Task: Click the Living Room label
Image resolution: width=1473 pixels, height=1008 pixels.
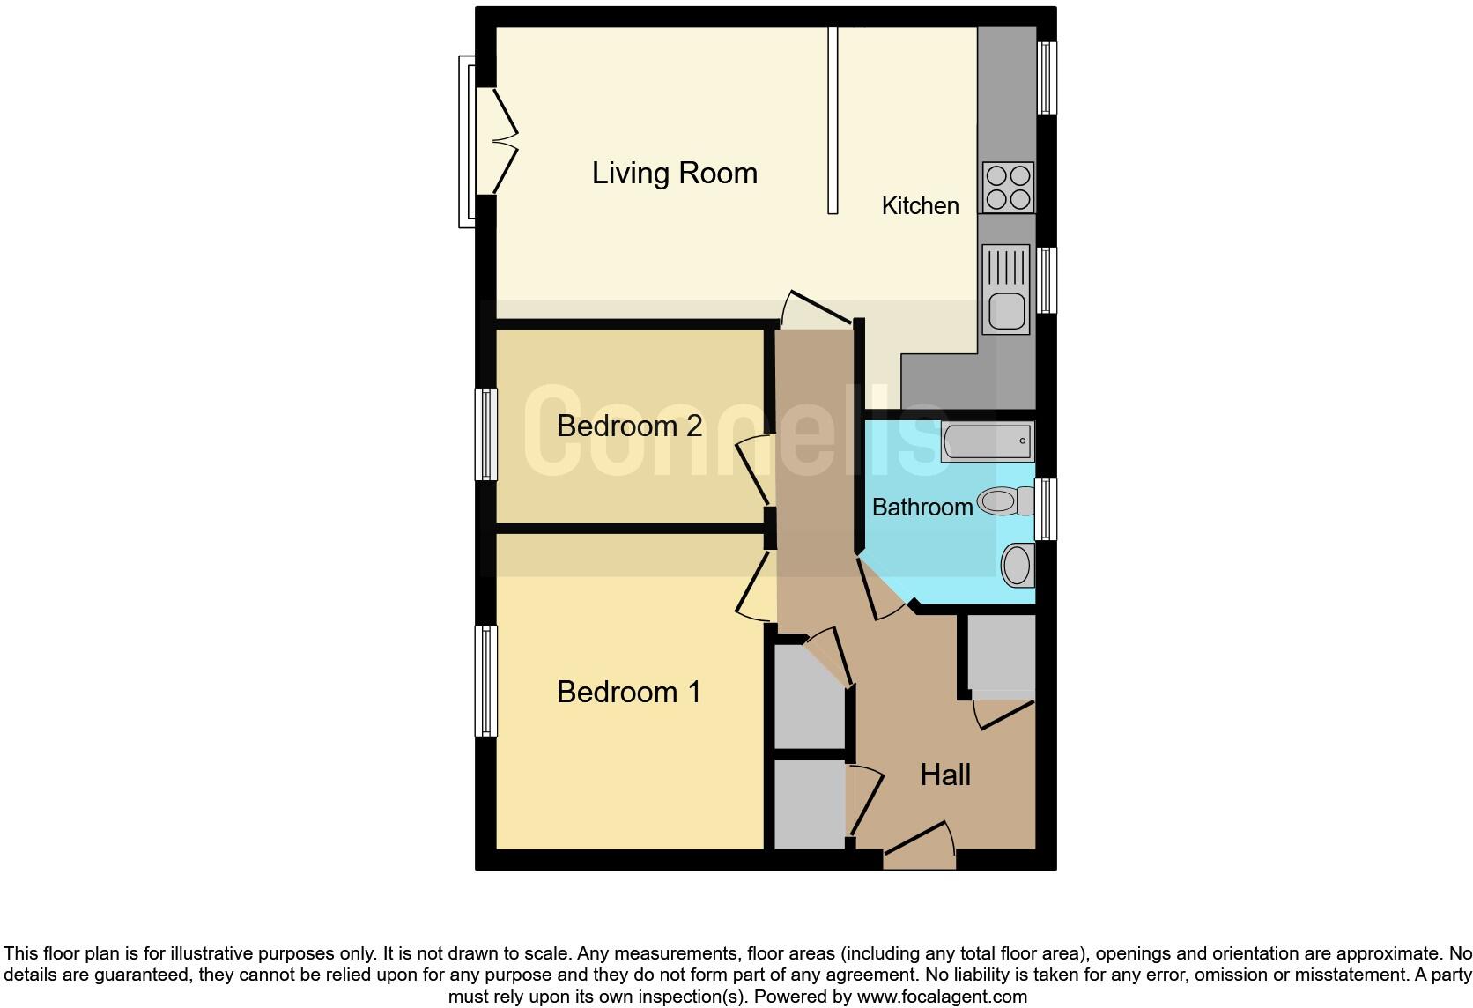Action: pyautogui.click(x=674, y=173)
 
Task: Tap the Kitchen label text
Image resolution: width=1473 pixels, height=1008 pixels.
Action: pyautogui.click(x=920, y=206)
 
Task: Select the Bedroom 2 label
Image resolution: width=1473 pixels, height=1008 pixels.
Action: pyautogui.click(x=629, y=426)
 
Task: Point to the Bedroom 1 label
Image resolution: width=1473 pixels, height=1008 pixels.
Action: pyautogui.click(x=629, y=692)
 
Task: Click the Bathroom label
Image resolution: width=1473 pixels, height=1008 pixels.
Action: pyautogui.click(x=922, y=508)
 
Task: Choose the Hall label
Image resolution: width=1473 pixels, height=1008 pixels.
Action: pyautogui.click(x=944, y=775)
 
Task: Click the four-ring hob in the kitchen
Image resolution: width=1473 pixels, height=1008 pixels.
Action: pyautogui.click(x=1008, y=187)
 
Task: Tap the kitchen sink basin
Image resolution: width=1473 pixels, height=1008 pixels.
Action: pyautogui.click(x=1005, y=310)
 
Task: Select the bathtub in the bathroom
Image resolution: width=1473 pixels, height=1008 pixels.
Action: pyautogui.click(x=987, y=441)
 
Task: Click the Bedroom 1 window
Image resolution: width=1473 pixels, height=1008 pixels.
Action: pyautogui.click(x=485, y=680)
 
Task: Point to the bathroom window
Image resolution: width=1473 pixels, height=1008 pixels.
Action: pyautogui.click(x=1045, y=509)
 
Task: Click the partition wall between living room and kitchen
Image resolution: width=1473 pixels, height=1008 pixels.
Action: pyautogui.click(x=832, y=120)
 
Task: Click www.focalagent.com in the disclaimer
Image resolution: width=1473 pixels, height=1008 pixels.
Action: pyautogui.click(x=941, y=997)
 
